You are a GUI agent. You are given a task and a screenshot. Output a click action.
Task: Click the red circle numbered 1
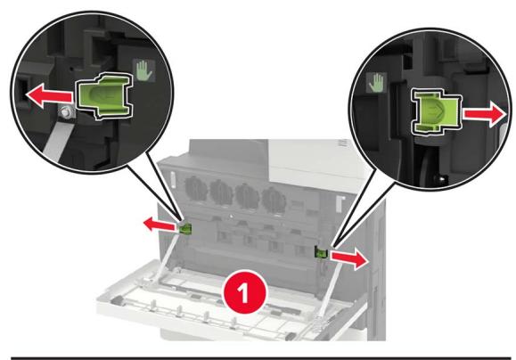pyautogui.click(x=244, y=292)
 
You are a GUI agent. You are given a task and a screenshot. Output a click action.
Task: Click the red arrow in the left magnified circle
pyautogui.click(x=49, y=95)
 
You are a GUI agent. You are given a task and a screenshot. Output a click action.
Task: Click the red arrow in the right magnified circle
pyautogui.click(x=485, y=114)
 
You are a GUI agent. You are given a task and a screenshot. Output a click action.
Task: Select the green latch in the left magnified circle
pyautogui.click(x=104, y=95)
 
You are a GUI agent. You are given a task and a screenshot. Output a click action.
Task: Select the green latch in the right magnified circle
pyautogui.click(x=436, y=113)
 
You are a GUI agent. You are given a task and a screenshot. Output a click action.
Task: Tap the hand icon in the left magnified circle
pyautogui.click(x=143, y=70)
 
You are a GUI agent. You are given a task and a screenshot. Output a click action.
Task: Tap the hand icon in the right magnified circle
pyautogui.click(x=376, y=83)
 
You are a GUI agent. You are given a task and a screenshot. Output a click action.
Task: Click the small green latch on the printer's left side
pyautogui.click(x=186, y=228)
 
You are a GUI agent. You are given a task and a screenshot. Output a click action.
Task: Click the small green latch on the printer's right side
pyautogui.click(x=321, y=252)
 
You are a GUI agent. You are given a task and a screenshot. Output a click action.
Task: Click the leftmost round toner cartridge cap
pyautogui.click(x=196, y=189)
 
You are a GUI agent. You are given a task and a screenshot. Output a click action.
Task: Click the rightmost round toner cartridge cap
pyautogui.click(x=274, y=200)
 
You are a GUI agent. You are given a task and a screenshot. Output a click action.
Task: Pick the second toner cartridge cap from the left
pyautogui.click(x=222, y=192)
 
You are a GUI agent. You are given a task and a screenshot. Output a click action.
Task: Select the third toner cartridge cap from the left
pyautogui.click(x=247, y=196)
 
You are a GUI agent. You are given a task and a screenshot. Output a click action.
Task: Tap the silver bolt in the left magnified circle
pyautogui.click(x=67, y=112)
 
